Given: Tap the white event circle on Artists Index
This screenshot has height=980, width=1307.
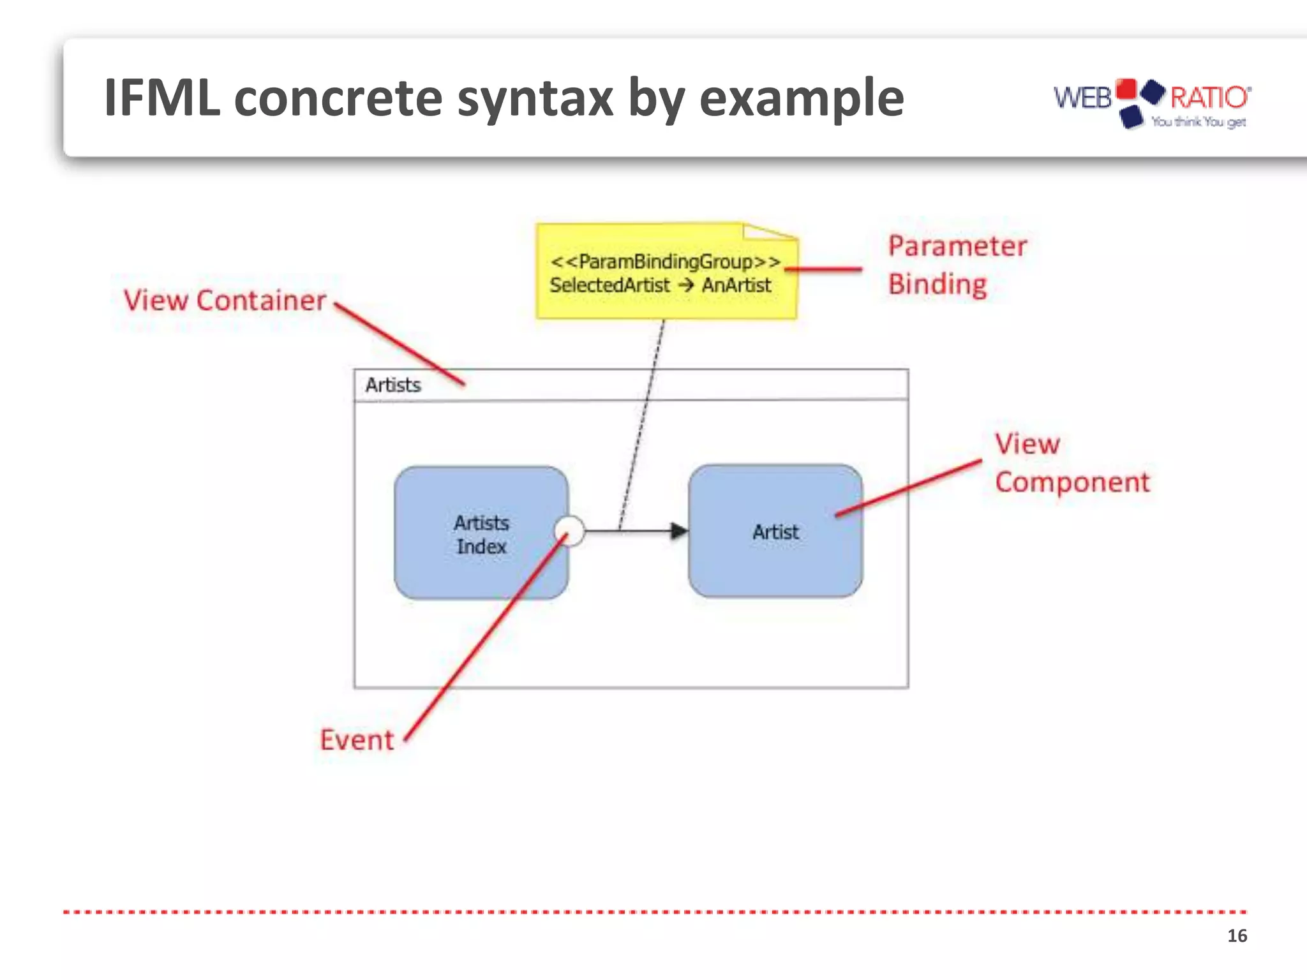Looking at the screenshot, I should [569, 530].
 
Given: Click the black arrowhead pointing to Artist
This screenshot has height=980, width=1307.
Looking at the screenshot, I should [678, 530].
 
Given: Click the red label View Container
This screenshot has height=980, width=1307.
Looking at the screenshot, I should [225, 301].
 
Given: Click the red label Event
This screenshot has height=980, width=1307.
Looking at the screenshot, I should [356, 740].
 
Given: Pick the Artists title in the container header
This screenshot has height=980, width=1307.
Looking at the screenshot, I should [392, 385].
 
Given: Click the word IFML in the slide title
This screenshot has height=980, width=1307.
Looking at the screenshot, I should [161, 98].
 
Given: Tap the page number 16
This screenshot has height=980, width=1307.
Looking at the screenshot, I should [1236, 935].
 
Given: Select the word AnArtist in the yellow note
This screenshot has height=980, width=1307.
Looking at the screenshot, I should [736, 285].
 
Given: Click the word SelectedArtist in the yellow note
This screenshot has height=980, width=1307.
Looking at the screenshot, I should [609, 285].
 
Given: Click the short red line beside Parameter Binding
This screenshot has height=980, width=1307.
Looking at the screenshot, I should [823, 269].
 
